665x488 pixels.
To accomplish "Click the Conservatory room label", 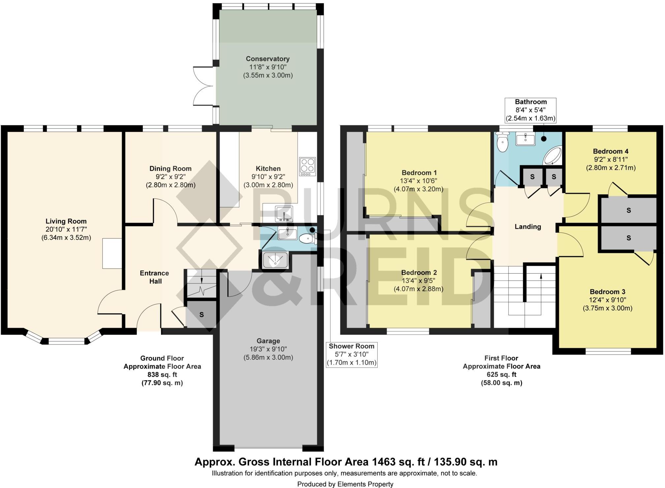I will click(x=268, y=59).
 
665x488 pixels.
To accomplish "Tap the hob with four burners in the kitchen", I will click(x=307, y=167).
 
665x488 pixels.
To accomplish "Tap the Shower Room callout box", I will click(x=351, y=354).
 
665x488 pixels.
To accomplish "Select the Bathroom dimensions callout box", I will click(x=530, y=110).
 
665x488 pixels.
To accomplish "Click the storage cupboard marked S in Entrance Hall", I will click(x=201, y=315).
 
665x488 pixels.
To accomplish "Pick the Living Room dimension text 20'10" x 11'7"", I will click(x=66, y=229).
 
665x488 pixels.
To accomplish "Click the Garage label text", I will click(x=268, y=341).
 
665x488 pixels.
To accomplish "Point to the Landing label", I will click(x=528, y=227).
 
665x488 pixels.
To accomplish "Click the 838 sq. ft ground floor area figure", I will click(x=162, y=375).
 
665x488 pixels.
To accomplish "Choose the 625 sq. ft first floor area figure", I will click(x=501, y=375).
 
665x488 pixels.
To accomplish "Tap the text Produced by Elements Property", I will click(x=345, y=484).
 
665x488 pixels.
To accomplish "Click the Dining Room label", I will click(x=170, y=169).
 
